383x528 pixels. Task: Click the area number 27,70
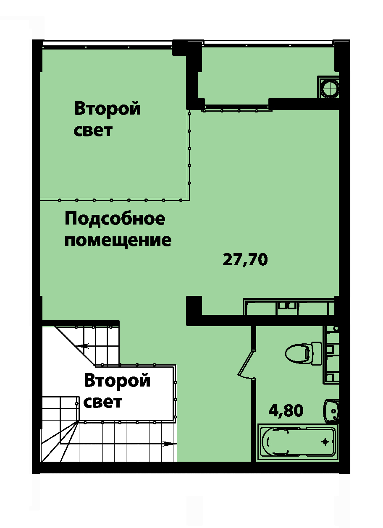pos(245,260)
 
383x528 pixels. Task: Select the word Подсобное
pos(115,219)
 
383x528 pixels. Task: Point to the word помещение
pos(118,240)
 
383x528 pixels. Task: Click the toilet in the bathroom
pos(303,353)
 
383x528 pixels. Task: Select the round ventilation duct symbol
pos(330,87)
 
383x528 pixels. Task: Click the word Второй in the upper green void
pos(108,109)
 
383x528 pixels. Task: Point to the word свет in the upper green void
pos(93,131)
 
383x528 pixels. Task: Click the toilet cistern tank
pos(317,353)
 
